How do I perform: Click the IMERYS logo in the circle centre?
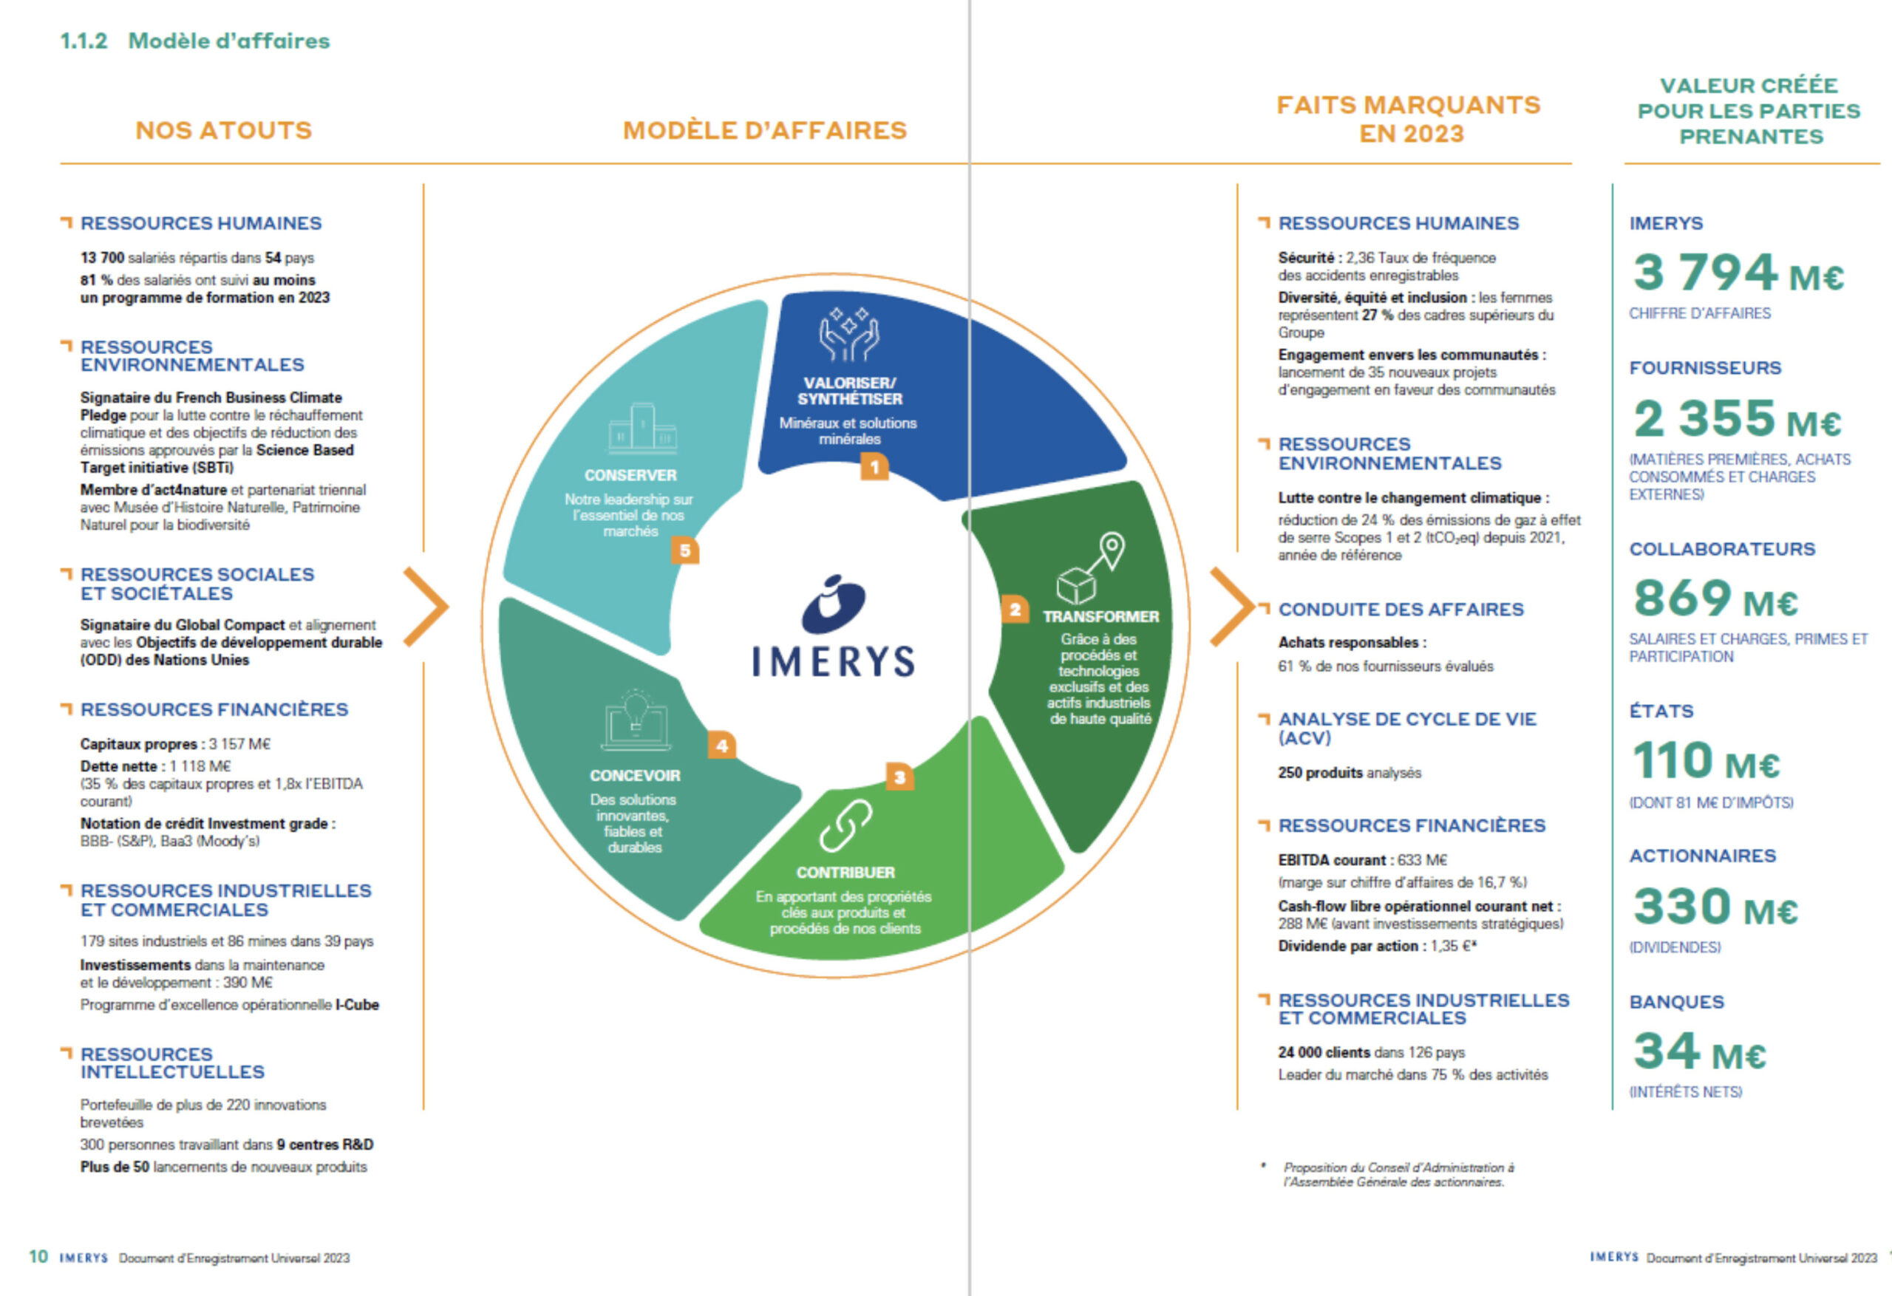pos(833,627)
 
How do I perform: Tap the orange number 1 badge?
pos(874,467)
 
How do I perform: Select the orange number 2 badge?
pos(1015,610)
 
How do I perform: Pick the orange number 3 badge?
pos(899,777)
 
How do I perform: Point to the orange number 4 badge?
pos(721,746)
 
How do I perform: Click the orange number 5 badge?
pos(684,551)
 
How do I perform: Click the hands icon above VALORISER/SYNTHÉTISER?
pos(848,335)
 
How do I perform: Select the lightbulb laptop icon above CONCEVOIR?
pos(635,721)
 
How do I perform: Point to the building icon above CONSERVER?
pos(642,429)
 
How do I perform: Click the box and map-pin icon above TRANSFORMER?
pos(1090,568)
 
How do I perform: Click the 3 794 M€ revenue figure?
pos(1738,273)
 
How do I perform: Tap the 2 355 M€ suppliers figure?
pos(1737,418)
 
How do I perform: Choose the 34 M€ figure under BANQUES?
pos(1699,1051)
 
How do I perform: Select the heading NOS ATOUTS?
pos(224,130)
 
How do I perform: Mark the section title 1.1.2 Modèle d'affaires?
pos(195,41)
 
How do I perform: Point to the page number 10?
pos(38,1257)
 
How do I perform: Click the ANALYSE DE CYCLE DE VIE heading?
pos(1406,728)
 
